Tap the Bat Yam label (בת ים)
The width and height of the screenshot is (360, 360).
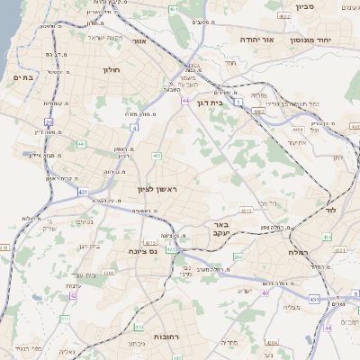[x=22, y=78]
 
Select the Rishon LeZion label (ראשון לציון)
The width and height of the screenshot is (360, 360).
[x=158, y=189]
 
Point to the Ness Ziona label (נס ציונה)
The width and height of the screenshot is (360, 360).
[x=144, y=251]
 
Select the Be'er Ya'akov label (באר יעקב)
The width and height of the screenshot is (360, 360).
[x=220, y=229]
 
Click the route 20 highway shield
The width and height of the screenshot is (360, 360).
[x=49, y=121]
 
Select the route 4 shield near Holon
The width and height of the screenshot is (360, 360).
[x=133, y=128]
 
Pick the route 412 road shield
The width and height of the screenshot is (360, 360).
[x=157, y=157]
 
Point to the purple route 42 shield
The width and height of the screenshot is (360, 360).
[x=74, y=295]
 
